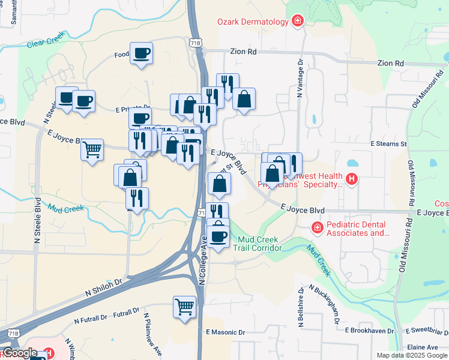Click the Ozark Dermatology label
pos(253,22)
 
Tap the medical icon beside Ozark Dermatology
pos(297,22)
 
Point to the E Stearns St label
pos(388,144)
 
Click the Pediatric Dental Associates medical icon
pos(316,228)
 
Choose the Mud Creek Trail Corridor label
pos(258,243)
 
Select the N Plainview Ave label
pos(148,333)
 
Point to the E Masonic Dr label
pos(225,332)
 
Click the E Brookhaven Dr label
pos(369,331)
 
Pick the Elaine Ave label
pos(423,347)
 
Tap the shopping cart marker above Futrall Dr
pos(184,306)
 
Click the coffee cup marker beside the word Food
pos(141,53)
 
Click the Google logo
pos(19,353)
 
